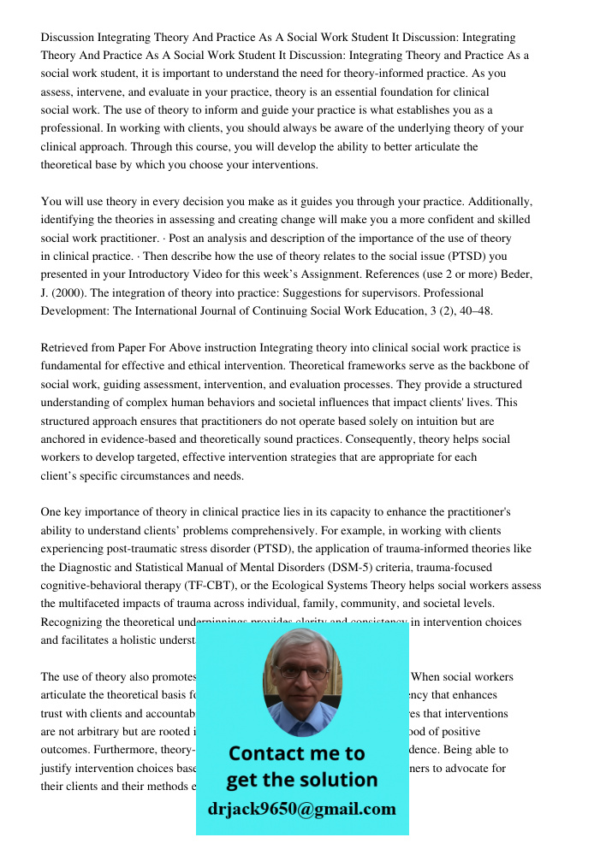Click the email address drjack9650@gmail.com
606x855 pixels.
(x=301, y=809)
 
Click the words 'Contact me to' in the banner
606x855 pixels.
(x=296, y=753)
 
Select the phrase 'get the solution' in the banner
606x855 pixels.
(x=301, y=780)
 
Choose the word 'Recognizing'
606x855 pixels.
(x=73, y=622)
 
